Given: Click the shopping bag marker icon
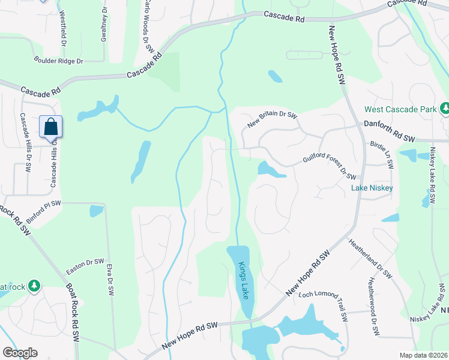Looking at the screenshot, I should pos(51,127).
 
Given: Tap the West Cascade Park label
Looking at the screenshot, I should pos(400,110).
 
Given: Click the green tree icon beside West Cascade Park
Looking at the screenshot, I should pos(445,109).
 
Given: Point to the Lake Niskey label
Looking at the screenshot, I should pos(372,188).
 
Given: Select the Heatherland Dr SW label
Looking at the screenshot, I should pos(370,258).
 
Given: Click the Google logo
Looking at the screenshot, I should pos(20,353).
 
